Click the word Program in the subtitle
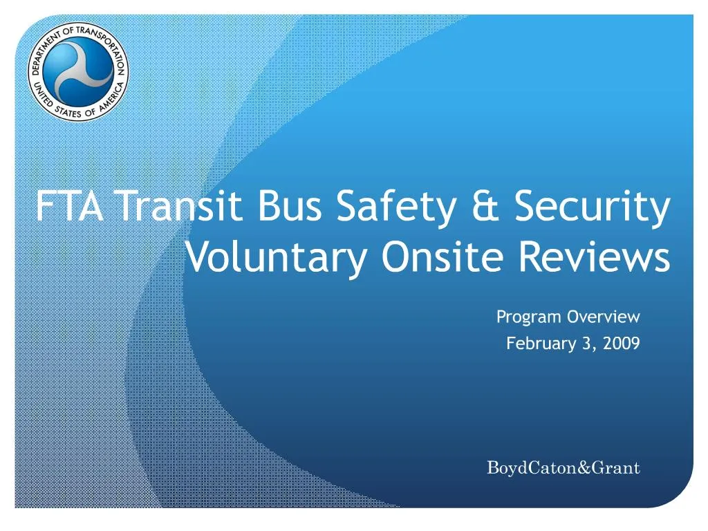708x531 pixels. click(x=529, y=317)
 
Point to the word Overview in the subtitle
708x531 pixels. click(x=604, y=317)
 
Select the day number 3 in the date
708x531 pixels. click(x=587, y=343)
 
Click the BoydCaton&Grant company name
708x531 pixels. click(x=563, y=468)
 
